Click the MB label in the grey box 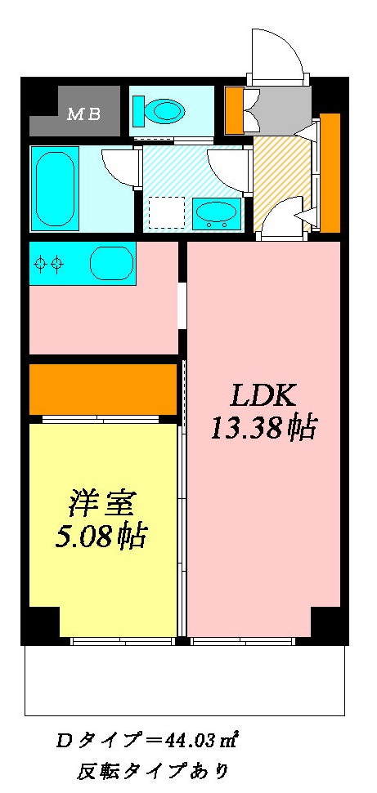point(84,114)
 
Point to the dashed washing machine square point(166,212)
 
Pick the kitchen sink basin point(111,263)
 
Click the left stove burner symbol point(40,262)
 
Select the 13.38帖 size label point(263,429)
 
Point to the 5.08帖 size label point(101,537)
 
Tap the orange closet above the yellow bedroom point(103,390)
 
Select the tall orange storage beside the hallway point(330,173)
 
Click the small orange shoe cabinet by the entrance point(235,111)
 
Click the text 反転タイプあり point(153,773)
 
